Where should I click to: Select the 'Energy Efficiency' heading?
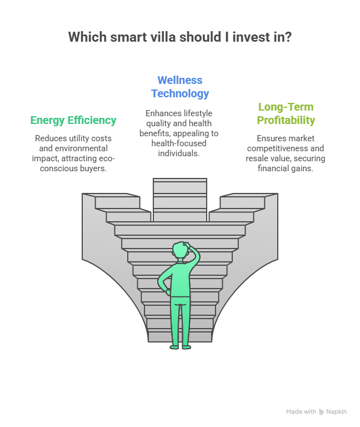pos(73,120)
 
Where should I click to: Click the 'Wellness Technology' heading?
pos(180,87)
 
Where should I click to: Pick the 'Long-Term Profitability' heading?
pos(286,113)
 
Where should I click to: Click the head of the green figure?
pos(179,251)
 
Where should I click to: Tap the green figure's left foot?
pos(174,346)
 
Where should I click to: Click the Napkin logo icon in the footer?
pos(321,412)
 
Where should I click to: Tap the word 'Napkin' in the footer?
pos(337,412)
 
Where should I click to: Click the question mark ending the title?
pos(289,37)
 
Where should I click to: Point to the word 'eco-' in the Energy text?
pos(106,158)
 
